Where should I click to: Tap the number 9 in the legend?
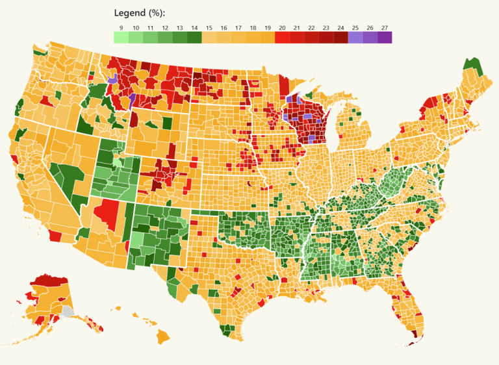coord(121,28)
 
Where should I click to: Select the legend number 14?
coord(194,28)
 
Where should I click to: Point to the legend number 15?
coord(209,28)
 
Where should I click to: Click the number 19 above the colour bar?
coord(268,28)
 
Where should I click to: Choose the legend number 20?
coord(282,28)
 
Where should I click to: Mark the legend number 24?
coord(340,28)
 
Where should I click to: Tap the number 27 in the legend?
coord(385,28)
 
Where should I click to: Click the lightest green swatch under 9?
coord(121,38)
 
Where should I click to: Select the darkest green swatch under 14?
coord(194,38)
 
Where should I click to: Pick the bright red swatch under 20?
coord(282,38)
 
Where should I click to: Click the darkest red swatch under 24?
coord(340,38)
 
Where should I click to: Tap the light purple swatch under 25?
coord(355,38)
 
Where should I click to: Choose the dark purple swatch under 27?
coord(385,38)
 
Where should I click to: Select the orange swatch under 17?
coord(238,38)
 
